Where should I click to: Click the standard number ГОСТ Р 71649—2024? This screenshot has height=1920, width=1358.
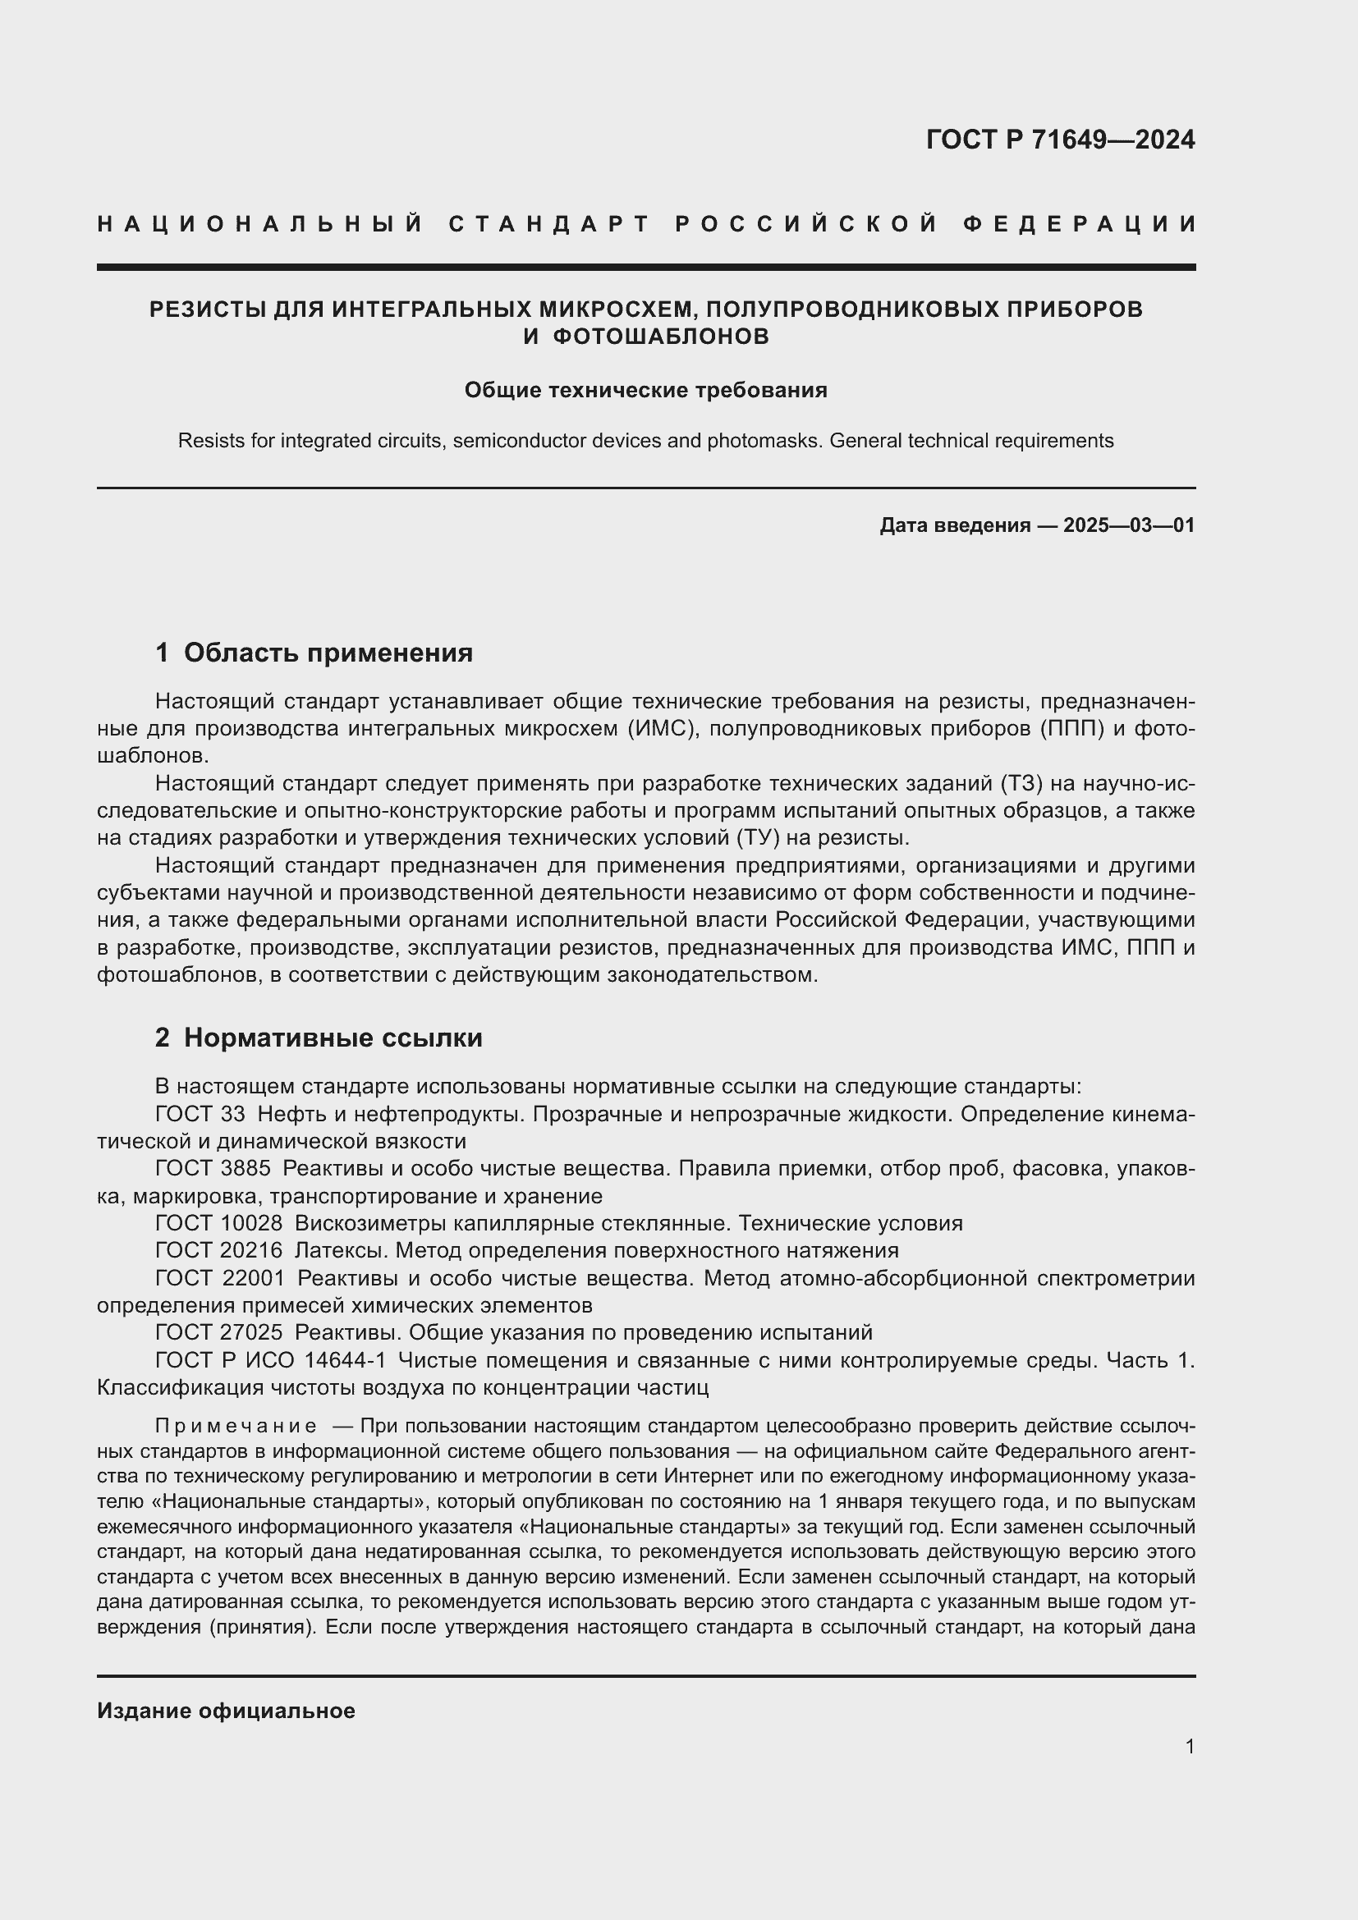coord(1059,140)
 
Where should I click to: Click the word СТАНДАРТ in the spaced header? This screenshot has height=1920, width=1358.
coord(549,224)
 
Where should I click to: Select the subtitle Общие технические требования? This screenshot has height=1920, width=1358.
coord(645,391)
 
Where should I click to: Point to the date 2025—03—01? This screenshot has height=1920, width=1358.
coord(1129,525)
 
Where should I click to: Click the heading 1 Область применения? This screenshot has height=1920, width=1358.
coord(314,653)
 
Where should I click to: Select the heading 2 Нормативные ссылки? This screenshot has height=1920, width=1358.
coord(319,1038)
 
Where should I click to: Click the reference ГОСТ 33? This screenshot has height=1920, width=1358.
coord(200,1114)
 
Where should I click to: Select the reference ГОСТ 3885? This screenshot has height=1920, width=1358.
coord(213,1168)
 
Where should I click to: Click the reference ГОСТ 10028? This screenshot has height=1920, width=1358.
coord(219,1223)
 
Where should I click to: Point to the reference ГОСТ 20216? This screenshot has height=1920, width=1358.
coord(219,1251)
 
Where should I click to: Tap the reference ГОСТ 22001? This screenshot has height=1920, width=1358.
coord(220,1279)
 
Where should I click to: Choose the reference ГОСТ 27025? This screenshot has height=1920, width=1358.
coord(219,1332)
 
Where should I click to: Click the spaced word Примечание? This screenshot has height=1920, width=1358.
coord(236,1426)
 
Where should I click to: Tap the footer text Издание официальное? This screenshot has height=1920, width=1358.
coord(226,1711)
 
